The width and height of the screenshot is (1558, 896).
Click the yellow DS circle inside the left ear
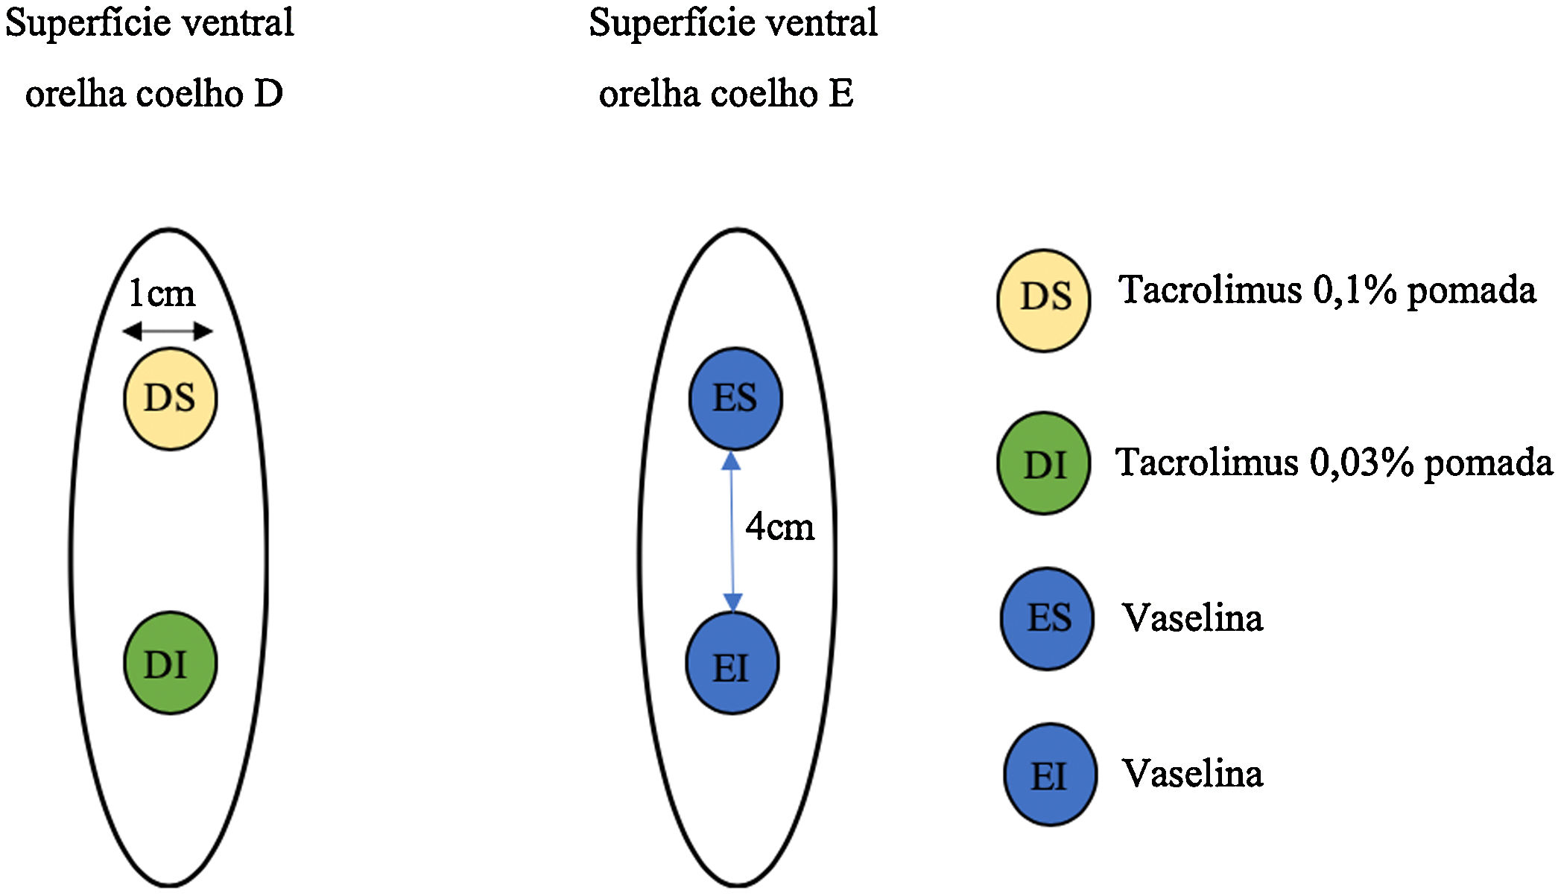pyautogui.click(x=170, y=399)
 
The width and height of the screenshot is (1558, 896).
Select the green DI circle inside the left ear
pyautogui.click(x=170, y=663)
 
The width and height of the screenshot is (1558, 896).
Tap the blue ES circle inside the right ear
pyautogui.click(x=735, y=399)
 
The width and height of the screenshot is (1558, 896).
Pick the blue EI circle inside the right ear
pyautogui.click(x=732, y=663)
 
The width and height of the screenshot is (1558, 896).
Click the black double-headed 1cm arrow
pyautogui.click(x=168, y=331)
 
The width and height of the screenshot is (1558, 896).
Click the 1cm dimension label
pyautogui.click(x=162, y=293)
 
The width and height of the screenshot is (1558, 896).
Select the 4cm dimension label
pyautogui.click(x=780, y=527)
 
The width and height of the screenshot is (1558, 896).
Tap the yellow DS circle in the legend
pyautogui.click(x=1044, y=300)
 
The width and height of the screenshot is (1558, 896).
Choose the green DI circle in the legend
pyautogui.click(x=1044, y=463)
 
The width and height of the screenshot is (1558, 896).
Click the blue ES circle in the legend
pyautogui.click(x=1047, y=619)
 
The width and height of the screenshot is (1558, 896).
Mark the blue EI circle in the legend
pyautogui.click(x=1050, y=775)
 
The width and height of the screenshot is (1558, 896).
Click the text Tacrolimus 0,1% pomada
pyautogui.click(x=1326, y=290)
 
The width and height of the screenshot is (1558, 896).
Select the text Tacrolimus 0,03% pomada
pyautogui.click(x=1334, y=463)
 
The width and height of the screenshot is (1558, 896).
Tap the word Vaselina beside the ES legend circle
pyautogui.click(x=1193, y=618)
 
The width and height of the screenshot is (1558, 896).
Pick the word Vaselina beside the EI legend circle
pyautogui.click(x=1193, y=774)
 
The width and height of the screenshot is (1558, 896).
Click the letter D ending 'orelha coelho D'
pyautogui.click(x=268, y=95)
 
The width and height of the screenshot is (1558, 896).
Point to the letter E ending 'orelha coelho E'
pyautogui.click(x=840, y=95)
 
